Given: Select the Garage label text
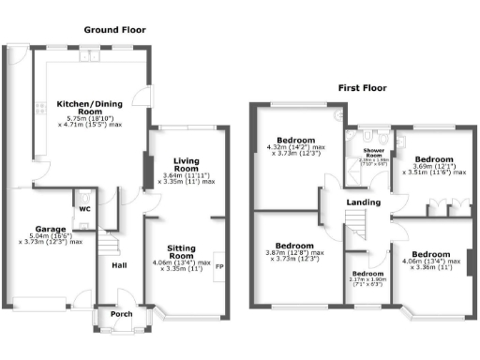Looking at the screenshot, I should click(50, 230).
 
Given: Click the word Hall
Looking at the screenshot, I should click(119, 265).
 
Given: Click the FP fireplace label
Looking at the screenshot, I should click(219, 267).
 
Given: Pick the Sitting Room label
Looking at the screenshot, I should click(180, 251).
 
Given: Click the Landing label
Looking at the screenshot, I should click(363, 202).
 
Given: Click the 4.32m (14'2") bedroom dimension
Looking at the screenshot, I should click(296, 147).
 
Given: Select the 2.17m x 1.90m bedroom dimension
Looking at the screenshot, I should click(368, 278).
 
